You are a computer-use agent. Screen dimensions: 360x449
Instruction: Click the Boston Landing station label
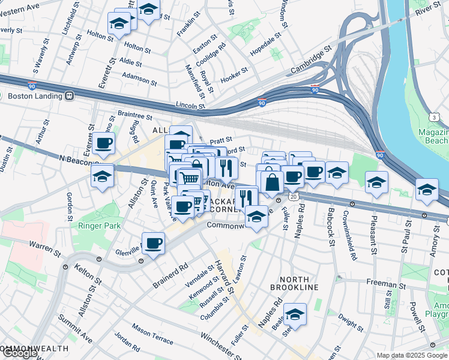[x=34, y=95]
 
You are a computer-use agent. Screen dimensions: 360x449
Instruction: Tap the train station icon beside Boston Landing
[x=70, y=95]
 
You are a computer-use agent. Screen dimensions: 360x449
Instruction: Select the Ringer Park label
[x=99, y=226]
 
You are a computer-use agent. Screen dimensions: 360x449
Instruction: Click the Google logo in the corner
[x=20, y=353]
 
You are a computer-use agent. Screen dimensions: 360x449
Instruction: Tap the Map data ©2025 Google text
[x=412, y=355]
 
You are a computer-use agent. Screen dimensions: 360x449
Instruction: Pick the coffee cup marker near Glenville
[x=154, y=243]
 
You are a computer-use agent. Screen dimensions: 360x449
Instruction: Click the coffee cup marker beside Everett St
[x=104, y=143]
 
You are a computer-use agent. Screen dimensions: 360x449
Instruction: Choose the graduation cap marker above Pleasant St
[x=376, y=182]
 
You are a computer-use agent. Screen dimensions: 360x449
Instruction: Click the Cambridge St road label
[x=311, y=62]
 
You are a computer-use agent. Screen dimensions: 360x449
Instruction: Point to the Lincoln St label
[x=191, y=106]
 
